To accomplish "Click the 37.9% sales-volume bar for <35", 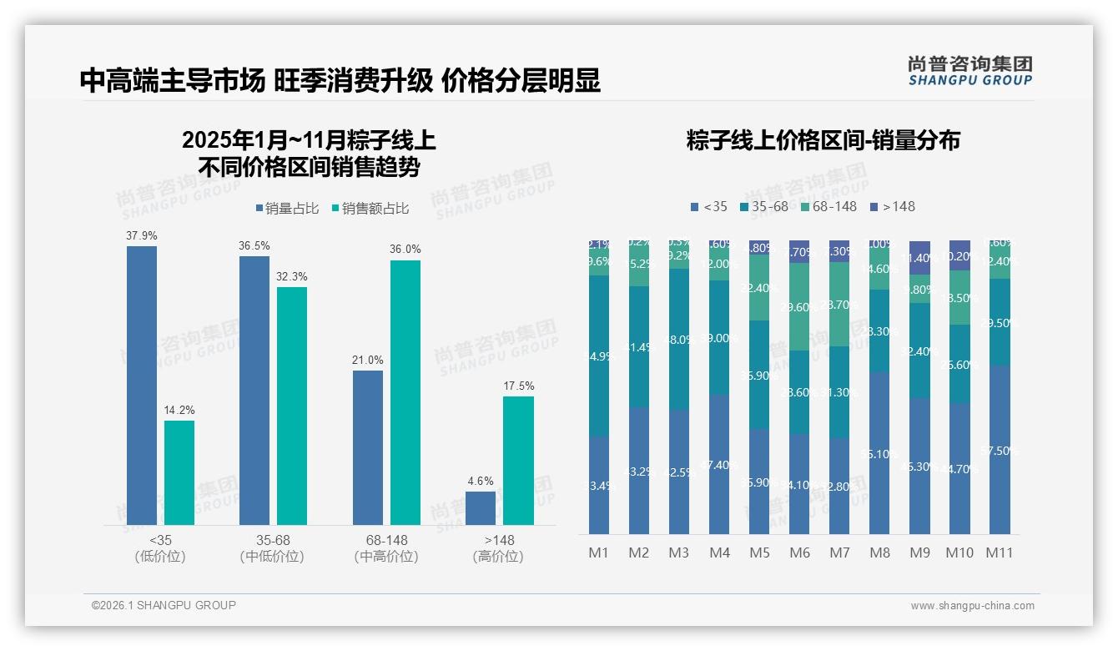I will coord(142,385).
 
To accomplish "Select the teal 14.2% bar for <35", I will coord(179,472).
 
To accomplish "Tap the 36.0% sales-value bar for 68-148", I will coord(405,392).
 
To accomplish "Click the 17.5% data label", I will coord(518,386).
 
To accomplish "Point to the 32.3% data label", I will coord(292,276).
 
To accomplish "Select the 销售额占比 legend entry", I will coord(370,209).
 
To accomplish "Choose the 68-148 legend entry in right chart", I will coord(828,206).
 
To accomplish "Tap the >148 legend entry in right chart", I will coord(893,206).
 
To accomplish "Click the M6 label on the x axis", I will coord(799,553).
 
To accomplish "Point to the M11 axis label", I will coord(1000,553).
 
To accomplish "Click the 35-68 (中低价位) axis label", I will coord(272,548).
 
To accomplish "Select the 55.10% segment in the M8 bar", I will coord(879,452).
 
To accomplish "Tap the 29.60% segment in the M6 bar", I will coord(799,307).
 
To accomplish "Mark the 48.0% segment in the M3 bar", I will coord(679,339).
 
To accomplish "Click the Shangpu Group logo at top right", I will coord(969,70).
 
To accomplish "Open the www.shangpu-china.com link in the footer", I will coord(972,606).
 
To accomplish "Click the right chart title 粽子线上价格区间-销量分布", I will coord(823,140).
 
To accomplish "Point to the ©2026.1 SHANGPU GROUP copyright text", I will coord(164,605).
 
